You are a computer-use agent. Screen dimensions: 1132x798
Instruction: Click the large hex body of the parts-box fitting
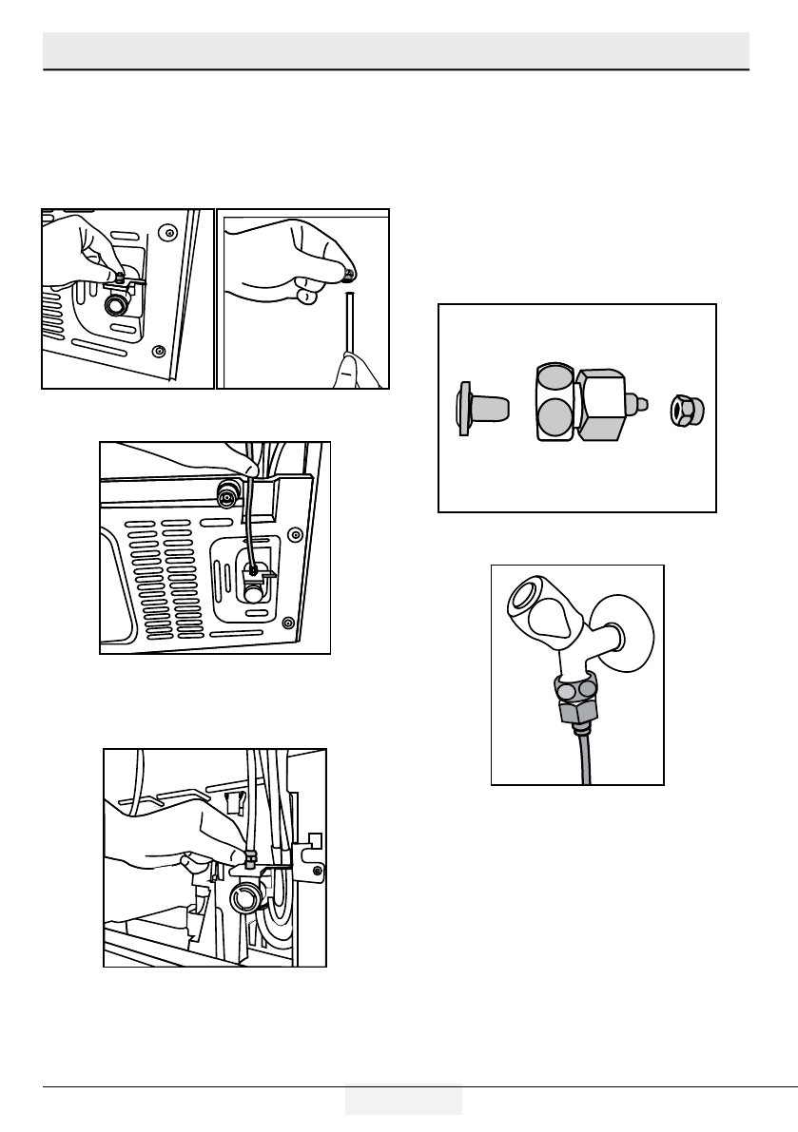(x=600, y=405)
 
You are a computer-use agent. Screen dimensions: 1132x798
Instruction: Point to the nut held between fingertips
(x=350, y=276)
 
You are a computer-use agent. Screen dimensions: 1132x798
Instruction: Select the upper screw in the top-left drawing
(x=167, y=231)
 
